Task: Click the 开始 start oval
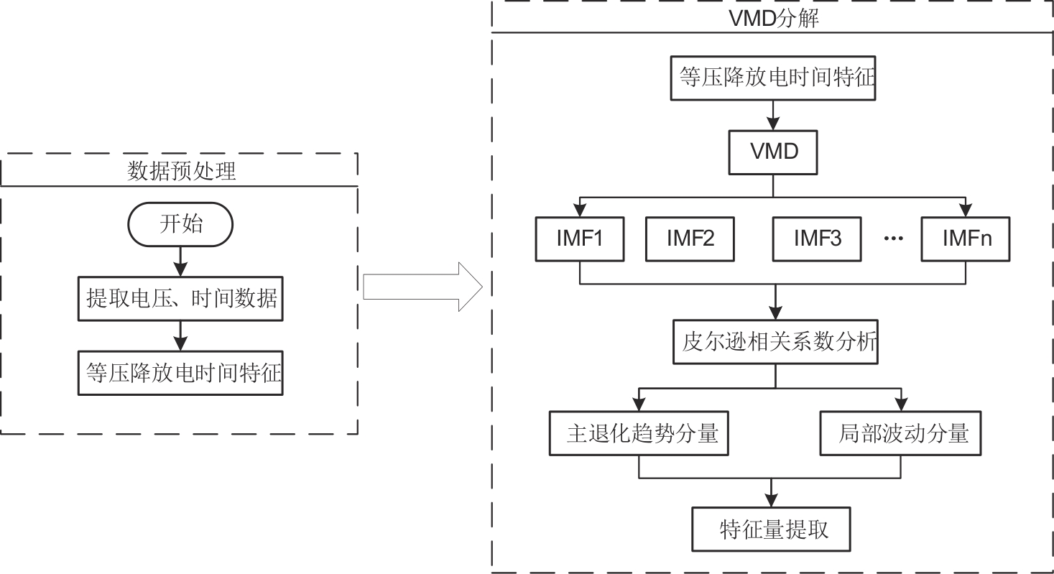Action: coord(180,224)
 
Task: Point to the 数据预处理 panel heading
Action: coord(181,172)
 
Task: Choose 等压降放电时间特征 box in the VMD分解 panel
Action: coord(773,77)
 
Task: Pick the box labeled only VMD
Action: coord(773,152)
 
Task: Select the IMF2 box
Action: coord(690,239)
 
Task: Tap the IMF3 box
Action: coord(817,239)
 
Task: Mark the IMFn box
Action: coord(966,239)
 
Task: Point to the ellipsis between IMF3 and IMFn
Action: coord(892,239)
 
